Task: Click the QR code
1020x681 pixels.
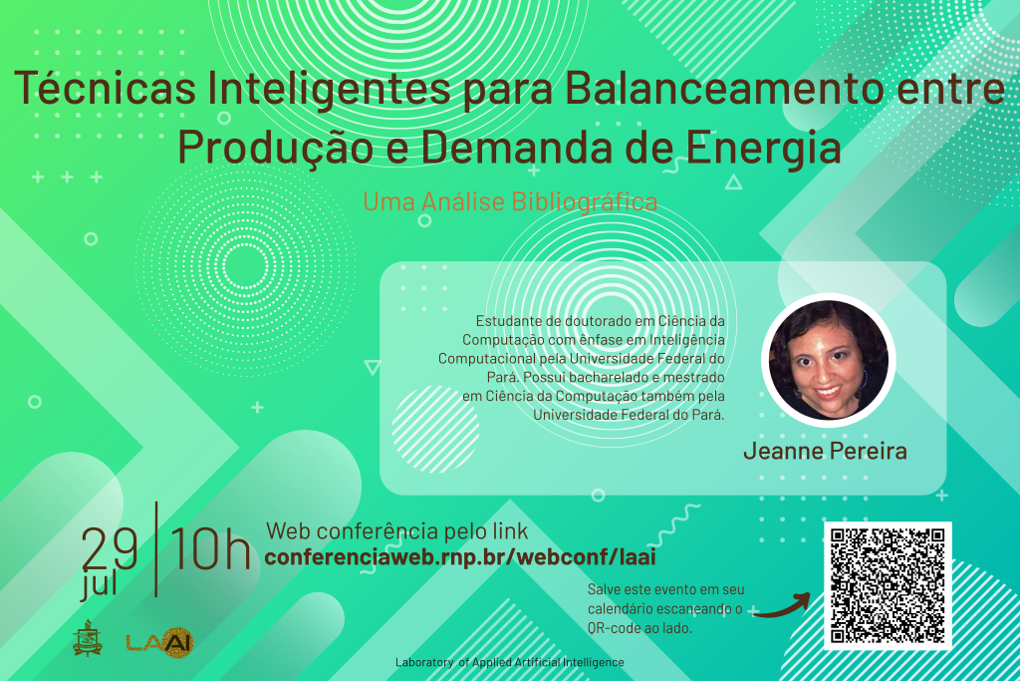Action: tap(888, 585)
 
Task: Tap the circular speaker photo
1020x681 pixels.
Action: tap(828, 360)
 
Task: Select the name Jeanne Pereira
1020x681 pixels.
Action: tap(825, 451)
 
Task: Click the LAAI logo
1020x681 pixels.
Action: tap(160, 642)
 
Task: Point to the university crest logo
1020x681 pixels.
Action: tap(88, 638)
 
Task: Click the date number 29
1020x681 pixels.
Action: tap(110, 548)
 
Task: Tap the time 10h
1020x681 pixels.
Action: tap(210, 548)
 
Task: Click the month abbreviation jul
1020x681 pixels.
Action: tap(99, 584)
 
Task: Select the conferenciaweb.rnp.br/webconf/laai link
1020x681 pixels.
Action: tap(460, 556)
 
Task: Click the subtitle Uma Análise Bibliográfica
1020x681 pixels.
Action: tap(510, 201)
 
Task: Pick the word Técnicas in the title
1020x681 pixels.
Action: tap(105, 87)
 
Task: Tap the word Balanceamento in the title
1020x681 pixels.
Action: tap(720, 87)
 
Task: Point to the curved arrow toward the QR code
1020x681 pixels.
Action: tap(783, 606)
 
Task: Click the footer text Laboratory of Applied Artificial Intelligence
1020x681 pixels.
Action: tap(509, 662)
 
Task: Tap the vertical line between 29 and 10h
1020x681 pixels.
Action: tap(156, 548)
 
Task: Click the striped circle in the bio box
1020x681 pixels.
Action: tap(435, 429)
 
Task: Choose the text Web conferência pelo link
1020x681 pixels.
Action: tap(396, 531)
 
